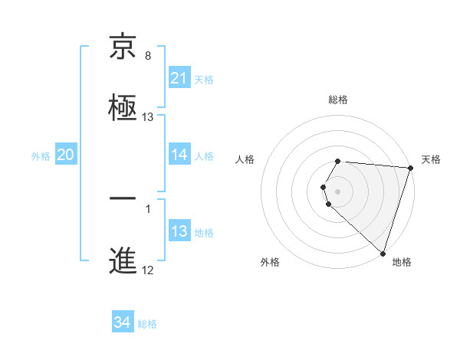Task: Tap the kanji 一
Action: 123,201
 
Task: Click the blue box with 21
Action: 179,78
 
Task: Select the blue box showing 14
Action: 179,155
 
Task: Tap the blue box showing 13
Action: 179,231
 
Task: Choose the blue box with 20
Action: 66,155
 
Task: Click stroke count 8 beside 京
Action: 148,57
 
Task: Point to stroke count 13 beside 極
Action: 148,117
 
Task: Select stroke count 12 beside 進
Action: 148,270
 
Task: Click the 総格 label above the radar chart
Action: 338,100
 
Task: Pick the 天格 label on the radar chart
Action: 432,159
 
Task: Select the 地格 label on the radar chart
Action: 402,263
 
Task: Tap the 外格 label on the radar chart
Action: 270,263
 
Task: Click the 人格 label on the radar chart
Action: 245,159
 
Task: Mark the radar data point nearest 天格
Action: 410,168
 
